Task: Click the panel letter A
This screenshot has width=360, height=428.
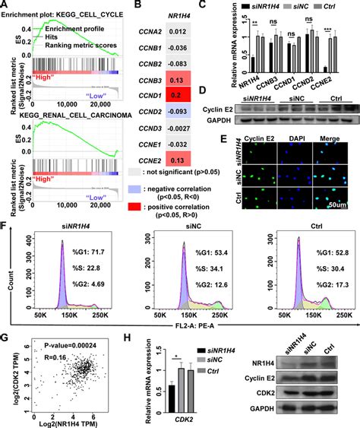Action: tap(6, 6)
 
